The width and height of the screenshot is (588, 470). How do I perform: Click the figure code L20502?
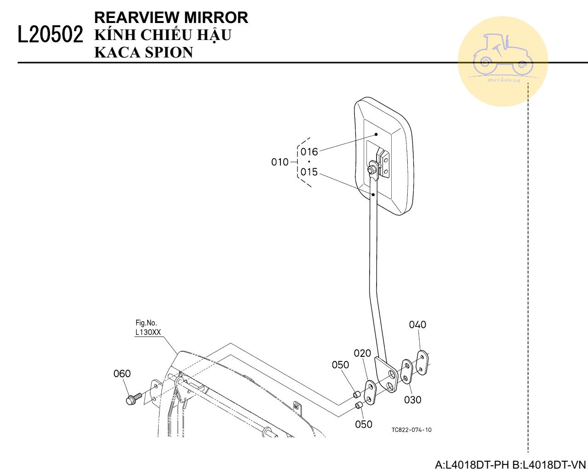[x=51, y=35]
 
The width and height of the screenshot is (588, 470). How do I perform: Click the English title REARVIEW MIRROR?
[x=171, y=17]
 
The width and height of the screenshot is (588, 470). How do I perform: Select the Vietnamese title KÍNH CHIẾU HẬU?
[x=163, y=35]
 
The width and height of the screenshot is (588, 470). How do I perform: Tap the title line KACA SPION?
[x=143, y=52]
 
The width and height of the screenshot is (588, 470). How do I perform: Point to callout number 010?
[x=280, y=162]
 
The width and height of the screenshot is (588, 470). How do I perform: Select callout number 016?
[x=309, y=152]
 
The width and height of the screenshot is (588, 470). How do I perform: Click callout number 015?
[x=309, y=172]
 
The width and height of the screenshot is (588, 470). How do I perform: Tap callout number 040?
[x=417, y=325]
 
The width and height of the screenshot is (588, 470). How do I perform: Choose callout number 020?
[x=362, y=353]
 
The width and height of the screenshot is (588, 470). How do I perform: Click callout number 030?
[x=412, y=400]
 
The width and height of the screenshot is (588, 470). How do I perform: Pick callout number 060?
[x=122, y=374]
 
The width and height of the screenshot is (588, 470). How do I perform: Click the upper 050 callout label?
[x=340, y=365]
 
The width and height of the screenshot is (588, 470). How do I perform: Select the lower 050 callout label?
[x=364, y=424]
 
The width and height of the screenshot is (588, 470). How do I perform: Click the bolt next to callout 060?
[x=134, y=398]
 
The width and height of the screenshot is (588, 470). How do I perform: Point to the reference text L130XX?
[x=148, y=332]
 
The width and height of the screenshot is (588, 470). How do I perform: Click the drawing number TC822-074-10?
[x=411, y=430]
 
